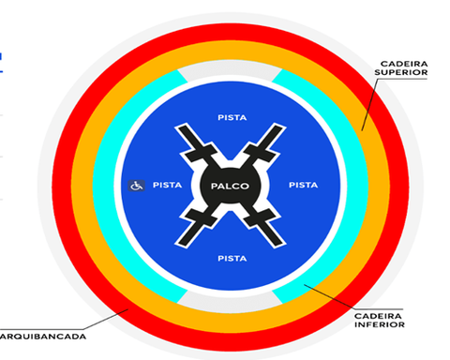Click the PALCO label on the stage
[x=230, y=187]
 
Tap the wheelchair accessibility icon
[x=137, y=186]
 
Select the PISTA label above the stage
[x=232, y=117]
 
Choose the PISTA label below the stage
[x=232, y=259]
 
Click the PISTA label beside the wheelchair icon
[x=167, y=185]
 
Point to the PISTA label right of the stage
[x=304, y=185]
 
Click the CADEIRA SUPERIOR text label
[x=401, y=68]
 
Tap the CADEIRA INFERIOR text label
[x=380, y=321]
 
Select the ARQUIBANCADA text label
[x=43, y=337]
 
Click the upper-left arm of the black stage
[x=196, y=144]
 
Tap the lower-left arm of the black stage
[x=196, y=228]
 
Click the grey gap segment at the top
[x=230, y=68]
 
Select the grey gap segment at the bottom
[x=230, y=302]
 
